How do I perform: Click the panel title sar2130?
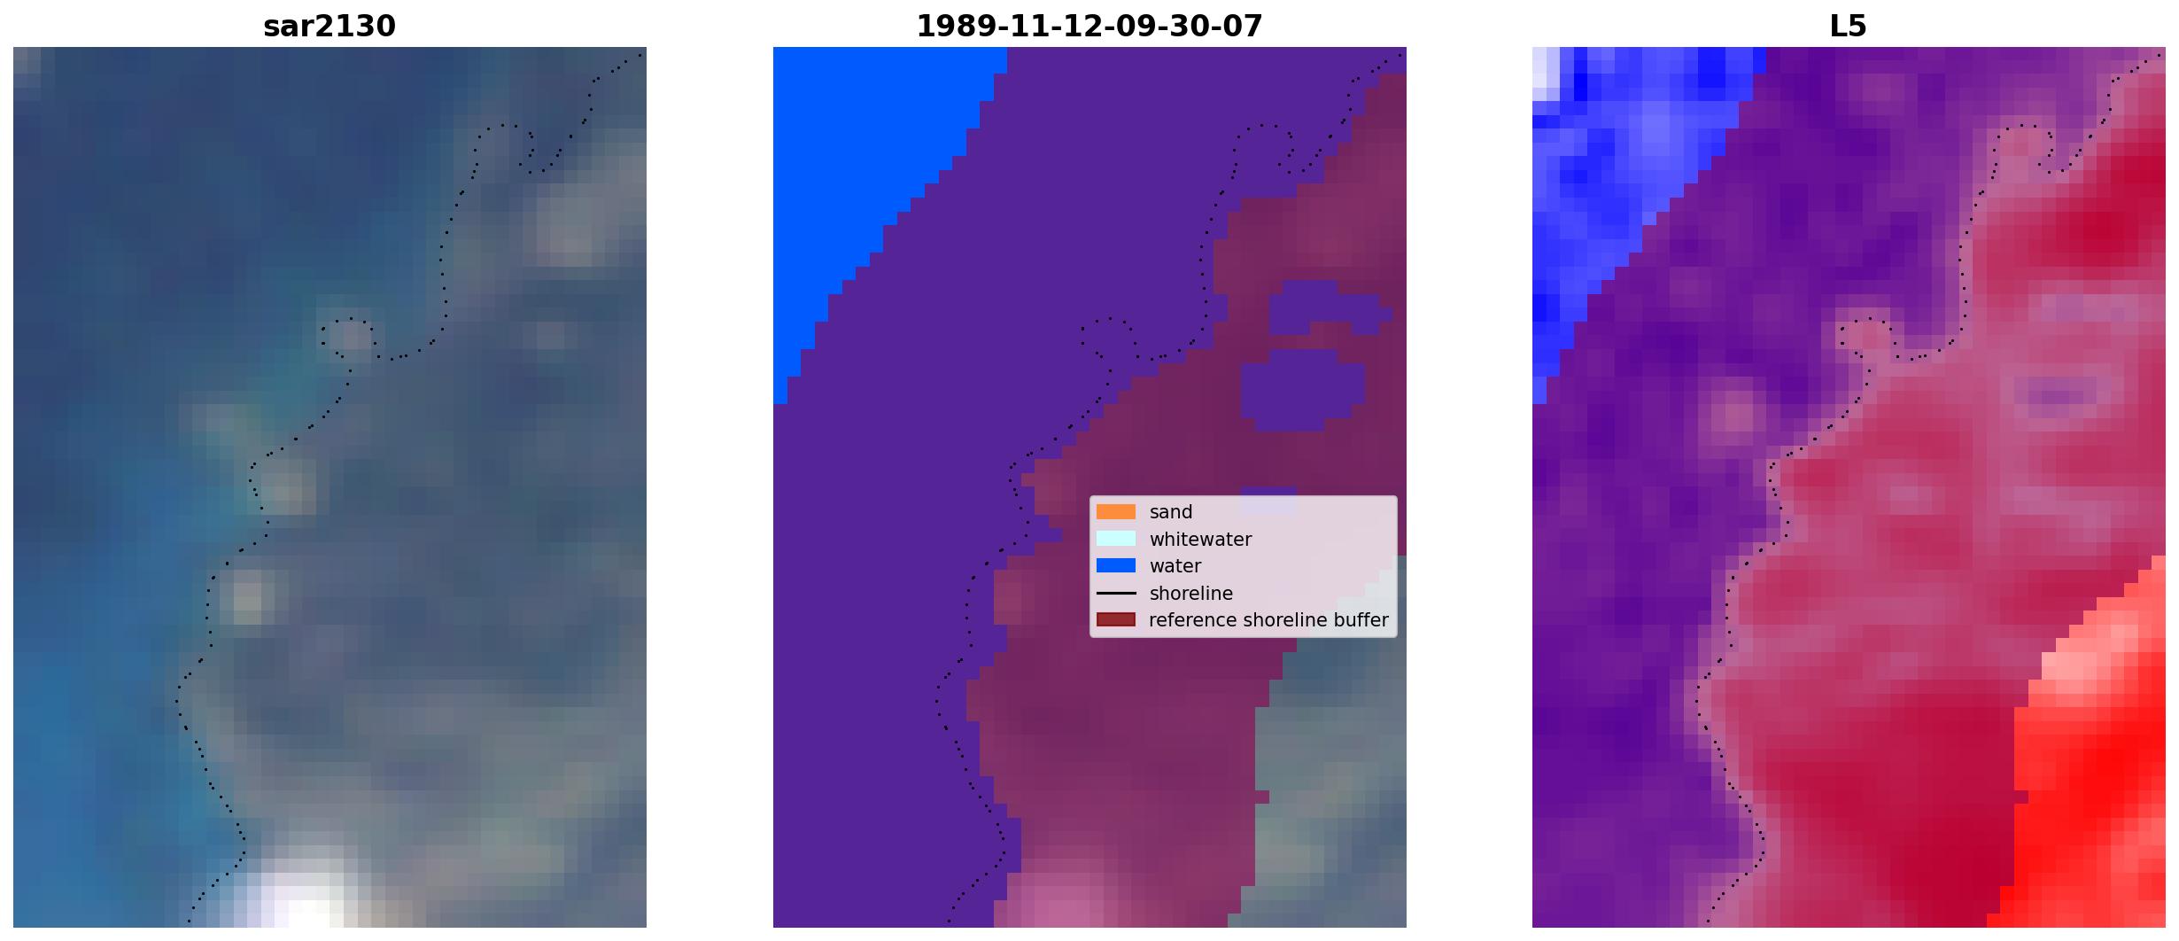click(x=330, y=26)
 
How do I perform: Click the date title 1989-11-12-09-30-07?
click(x=1089, y=26)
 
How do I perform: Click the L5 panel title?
click(x=1849, y=26)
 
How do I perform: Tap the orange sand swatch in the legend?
click(x=1116, y=512)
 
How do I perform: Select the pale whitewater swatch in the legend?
click(x=1116, y=539)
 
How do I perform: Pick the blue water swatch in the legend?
click(x=1116, y=565)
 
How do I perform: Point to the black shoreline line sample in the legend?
click(x=1116, y=593)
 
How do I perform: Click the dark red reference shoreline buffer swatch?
click(x=1116, y=619)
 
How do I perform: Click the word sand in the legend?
click(x=1171, y=512)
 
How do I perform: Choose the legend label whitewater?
click(x=1200, y=539)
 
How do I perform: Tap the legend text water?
click(x=1175, y=566)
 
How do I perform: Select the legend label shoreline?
click(x=1191, y=593)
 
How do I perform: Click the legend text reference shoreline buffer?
click(x=1268, y=620)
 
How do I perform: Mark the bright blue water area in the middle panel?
click(x=868, y=177)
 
